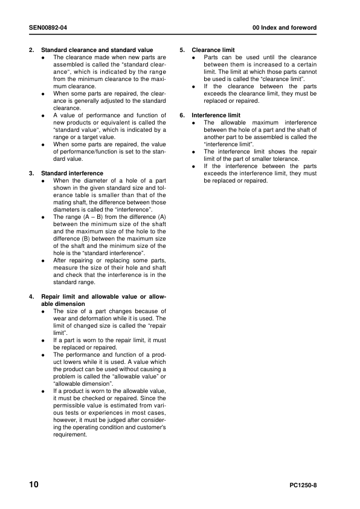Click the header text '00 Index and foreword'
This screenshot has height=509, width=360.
coord(284,28)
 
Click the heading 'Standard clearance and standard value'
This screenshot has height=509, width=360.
coord(97,50)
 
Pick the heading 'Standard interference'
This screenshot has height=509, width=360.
coord(72,173)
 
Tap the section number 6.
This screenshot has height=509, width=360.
coord(182,115)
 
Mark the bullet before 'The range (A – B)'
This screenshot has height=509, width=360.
coord(43,216)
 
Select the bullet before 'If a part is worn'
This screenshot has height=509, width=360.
coord(43,340)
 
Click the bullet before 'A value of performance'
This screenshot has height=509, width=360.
coord(43,115)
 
